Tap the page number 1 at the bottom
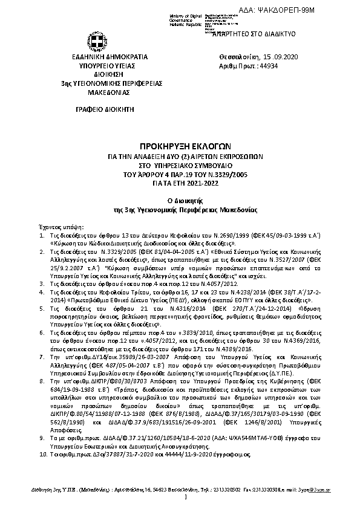185,497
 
